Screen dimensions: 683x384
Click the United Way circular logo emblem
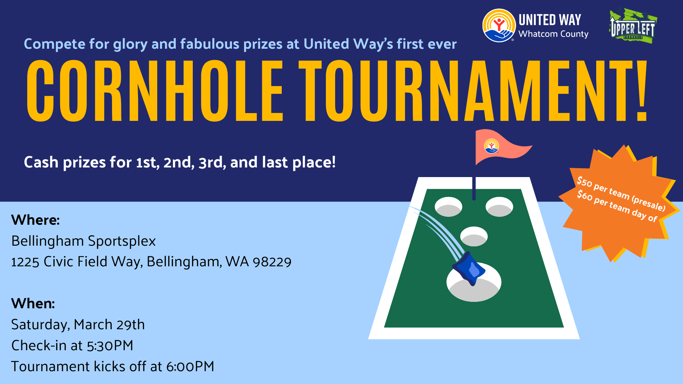pos(499,26)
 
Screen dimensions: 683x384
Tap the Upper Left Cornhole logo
pos(633,26)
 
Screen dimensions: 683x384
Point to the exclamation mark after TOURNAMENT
pos(641,91)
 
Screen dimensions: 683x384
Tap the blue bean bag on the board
pos(469,268)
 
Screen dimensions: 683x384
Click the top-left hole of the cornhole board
pos(449,207)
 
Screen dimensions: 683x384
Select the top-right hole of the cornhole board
pos(499,207)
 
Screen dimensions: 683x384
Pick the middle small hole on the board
pos(474,236)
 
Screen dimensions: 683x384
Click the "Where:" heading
pos(36,220)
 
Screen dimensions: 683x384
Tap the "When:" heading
pos(33,304)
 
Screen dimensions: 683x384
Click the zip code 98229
pos(272,262)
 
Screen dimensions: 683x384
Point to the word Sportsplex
pos(122,241)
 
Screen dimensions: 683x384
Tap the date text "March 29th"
pos(109,325)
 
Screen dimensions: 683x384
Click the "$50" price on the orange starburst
pos(584,182)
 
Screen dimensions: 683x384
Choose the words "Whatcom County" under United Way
pos(554,34)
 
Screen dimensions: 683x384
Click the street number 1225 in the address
pos(25,262)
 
